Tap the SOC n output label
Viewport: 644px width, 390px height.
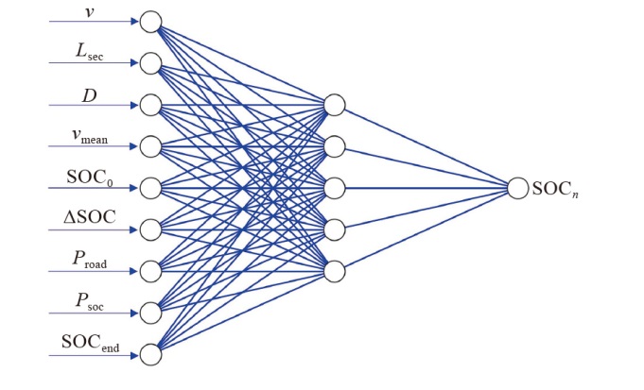pyautogui.click(x=553, y=189)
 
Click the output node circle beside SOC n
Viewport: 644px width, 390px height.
pyautogui.click(x=517, y=188)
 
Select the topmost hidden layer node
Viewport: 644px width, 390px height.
pyautogui.click(x=334, y=104)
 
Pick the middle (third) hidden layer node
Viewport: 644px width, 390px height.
pyautogui.click(x=334, y=187)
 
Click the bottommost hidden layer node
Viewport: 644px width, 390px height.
pyautogui.click(x=334, y=271)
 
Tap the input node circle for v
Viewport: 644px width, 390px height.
pyautogui.click(x=150, y=22)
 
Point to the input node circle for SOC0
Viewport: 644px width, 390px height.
pyautogui.click(x=150, y=187)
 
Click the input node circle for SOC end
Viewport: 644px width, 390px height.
pyautogui.click(x=150, y=354)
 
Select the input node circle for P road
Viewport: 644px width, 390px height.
pyautogui.click(x=150, y=271)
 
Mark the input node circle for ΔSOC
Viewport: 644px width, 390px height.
pyautogui.click(x=150, y=229)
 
